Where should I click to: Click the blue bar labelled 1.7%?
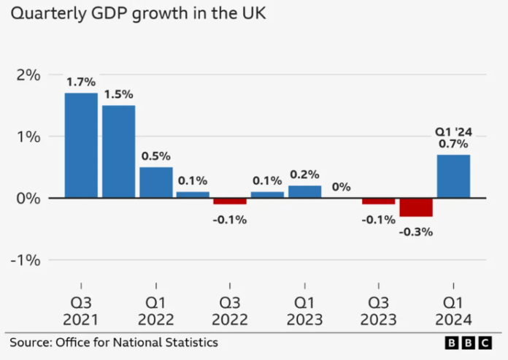tap(81, 145)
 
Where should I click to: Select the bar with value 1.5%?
tap(118, 152)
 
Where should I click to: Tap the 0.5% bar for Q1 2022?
tap(156, 183)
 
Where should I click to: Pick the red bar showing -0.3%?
tap(416, 207)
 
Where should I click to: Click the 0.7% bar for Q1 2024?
tap(453, 176)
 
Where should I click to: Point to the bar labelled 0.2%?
tap(304, 191)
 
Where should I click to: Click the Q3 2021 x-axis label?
tap(81, 310)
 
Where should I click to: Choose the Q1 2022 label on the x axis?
tap(155, 310)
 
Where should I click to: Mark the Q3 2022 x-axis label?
tap(230, 310)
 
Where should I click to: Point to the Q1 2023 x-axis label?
tap(304, 310)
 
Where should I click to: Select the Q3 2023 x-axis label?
tap(379, 310)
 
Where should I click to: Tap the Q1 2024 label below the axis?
tap(453, 310)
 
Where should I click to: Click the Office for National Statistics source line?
tap(113, 342)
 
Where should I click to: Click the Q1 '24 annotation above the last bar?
tap(453, 131)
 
